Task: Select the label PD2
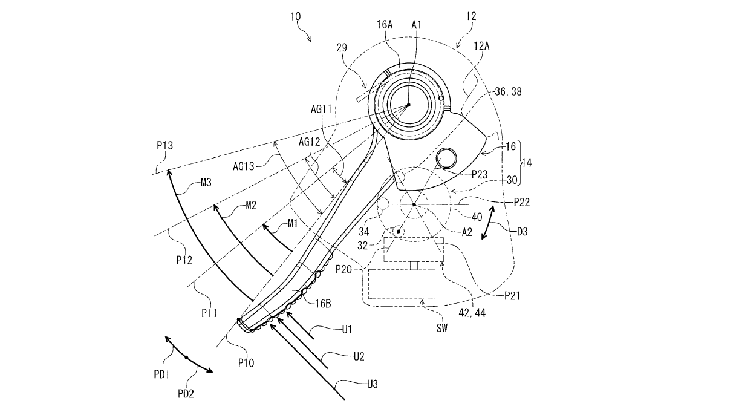187,394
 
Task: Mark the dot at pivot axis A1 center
408,105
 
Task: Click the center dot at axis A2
414,204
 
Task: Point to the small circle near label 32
398,231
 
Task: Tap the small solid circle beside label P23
448,158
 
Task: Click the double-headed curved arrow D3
489,222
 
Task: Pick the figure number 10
296,18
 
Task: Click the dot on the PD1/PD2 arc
186,358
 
